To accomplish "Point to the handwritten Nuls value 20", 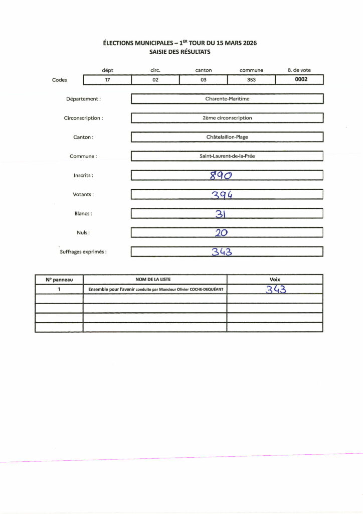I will coord(222,232).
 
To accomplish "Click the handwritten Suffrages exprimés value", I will coord(221,251).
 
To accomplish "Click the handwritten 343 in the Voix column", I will coord(275,289).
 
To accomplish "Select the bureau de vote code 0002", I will coord(301,79).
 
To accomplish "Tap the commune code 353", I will coord(252,79).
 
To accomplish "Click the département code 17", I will coord(107,79).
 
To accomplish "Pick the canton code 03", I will coord(204,79).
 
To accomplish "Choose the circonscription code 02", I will coord(155,79).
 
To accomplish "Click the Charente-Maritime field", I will coord(227,99).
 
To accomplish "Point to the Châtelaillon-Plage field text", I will coord(227,137).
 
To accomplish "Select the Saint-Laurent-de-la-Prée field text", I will coord(227,156).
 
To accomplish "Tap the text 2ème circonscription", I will coord(227,118).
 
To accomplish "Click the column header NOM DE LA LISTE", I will coord(155,280).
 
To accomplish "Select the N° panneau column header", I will coord(59,280).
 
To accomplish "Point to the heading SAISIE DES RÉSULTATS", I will coord(180,52).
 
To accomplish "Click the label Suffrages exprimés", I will coord(83,252).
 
